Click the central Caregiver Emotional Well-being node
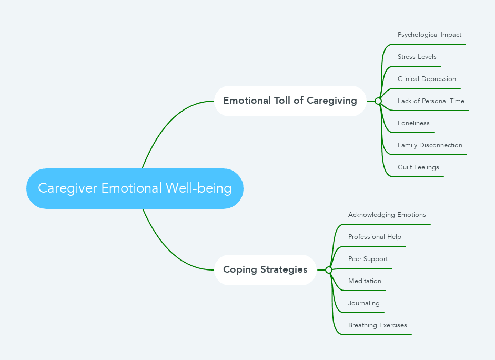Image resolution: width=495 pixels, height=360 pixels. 135,188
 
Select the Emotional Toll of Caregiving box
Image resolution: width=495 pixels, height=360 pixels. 290,101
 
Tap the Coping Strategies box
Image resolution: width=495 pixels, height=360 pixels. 265,269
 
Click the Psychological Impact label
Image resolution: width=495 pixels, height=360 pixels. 429,35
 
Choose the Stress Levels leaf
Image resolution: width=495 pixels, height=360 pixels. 417,57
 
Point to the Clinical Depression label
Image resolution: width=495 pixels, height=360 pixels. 427,79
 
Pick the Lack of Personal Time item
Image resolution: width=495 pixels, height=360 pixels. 431,101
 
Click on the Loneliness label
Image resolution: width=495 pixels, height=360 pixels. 413,123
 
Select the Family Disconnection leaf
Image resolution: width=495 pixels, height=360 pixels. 430,145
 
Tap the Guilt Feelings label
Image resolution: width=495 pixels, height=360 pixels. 418,167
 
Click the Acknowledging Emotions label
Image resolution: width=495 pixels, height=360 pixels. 387,215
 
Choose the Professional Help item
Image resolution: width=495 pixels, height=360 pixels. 375,237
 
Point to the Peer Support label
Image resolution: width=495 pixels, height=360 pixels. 368,259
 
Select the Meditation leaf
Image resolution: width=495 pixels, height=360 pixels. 365,281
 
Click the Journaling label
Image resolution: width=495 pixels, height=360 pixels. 363,303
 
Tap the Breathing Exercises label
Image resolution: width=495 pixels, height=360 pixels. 377,325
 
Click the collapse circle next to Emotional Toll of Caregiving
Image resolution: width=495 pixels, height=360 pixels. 378,101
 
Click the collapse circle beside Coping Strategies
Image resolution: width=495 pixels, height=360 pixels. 329,270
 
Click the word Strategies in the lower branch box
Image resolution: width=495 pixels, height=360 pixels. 286,269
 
